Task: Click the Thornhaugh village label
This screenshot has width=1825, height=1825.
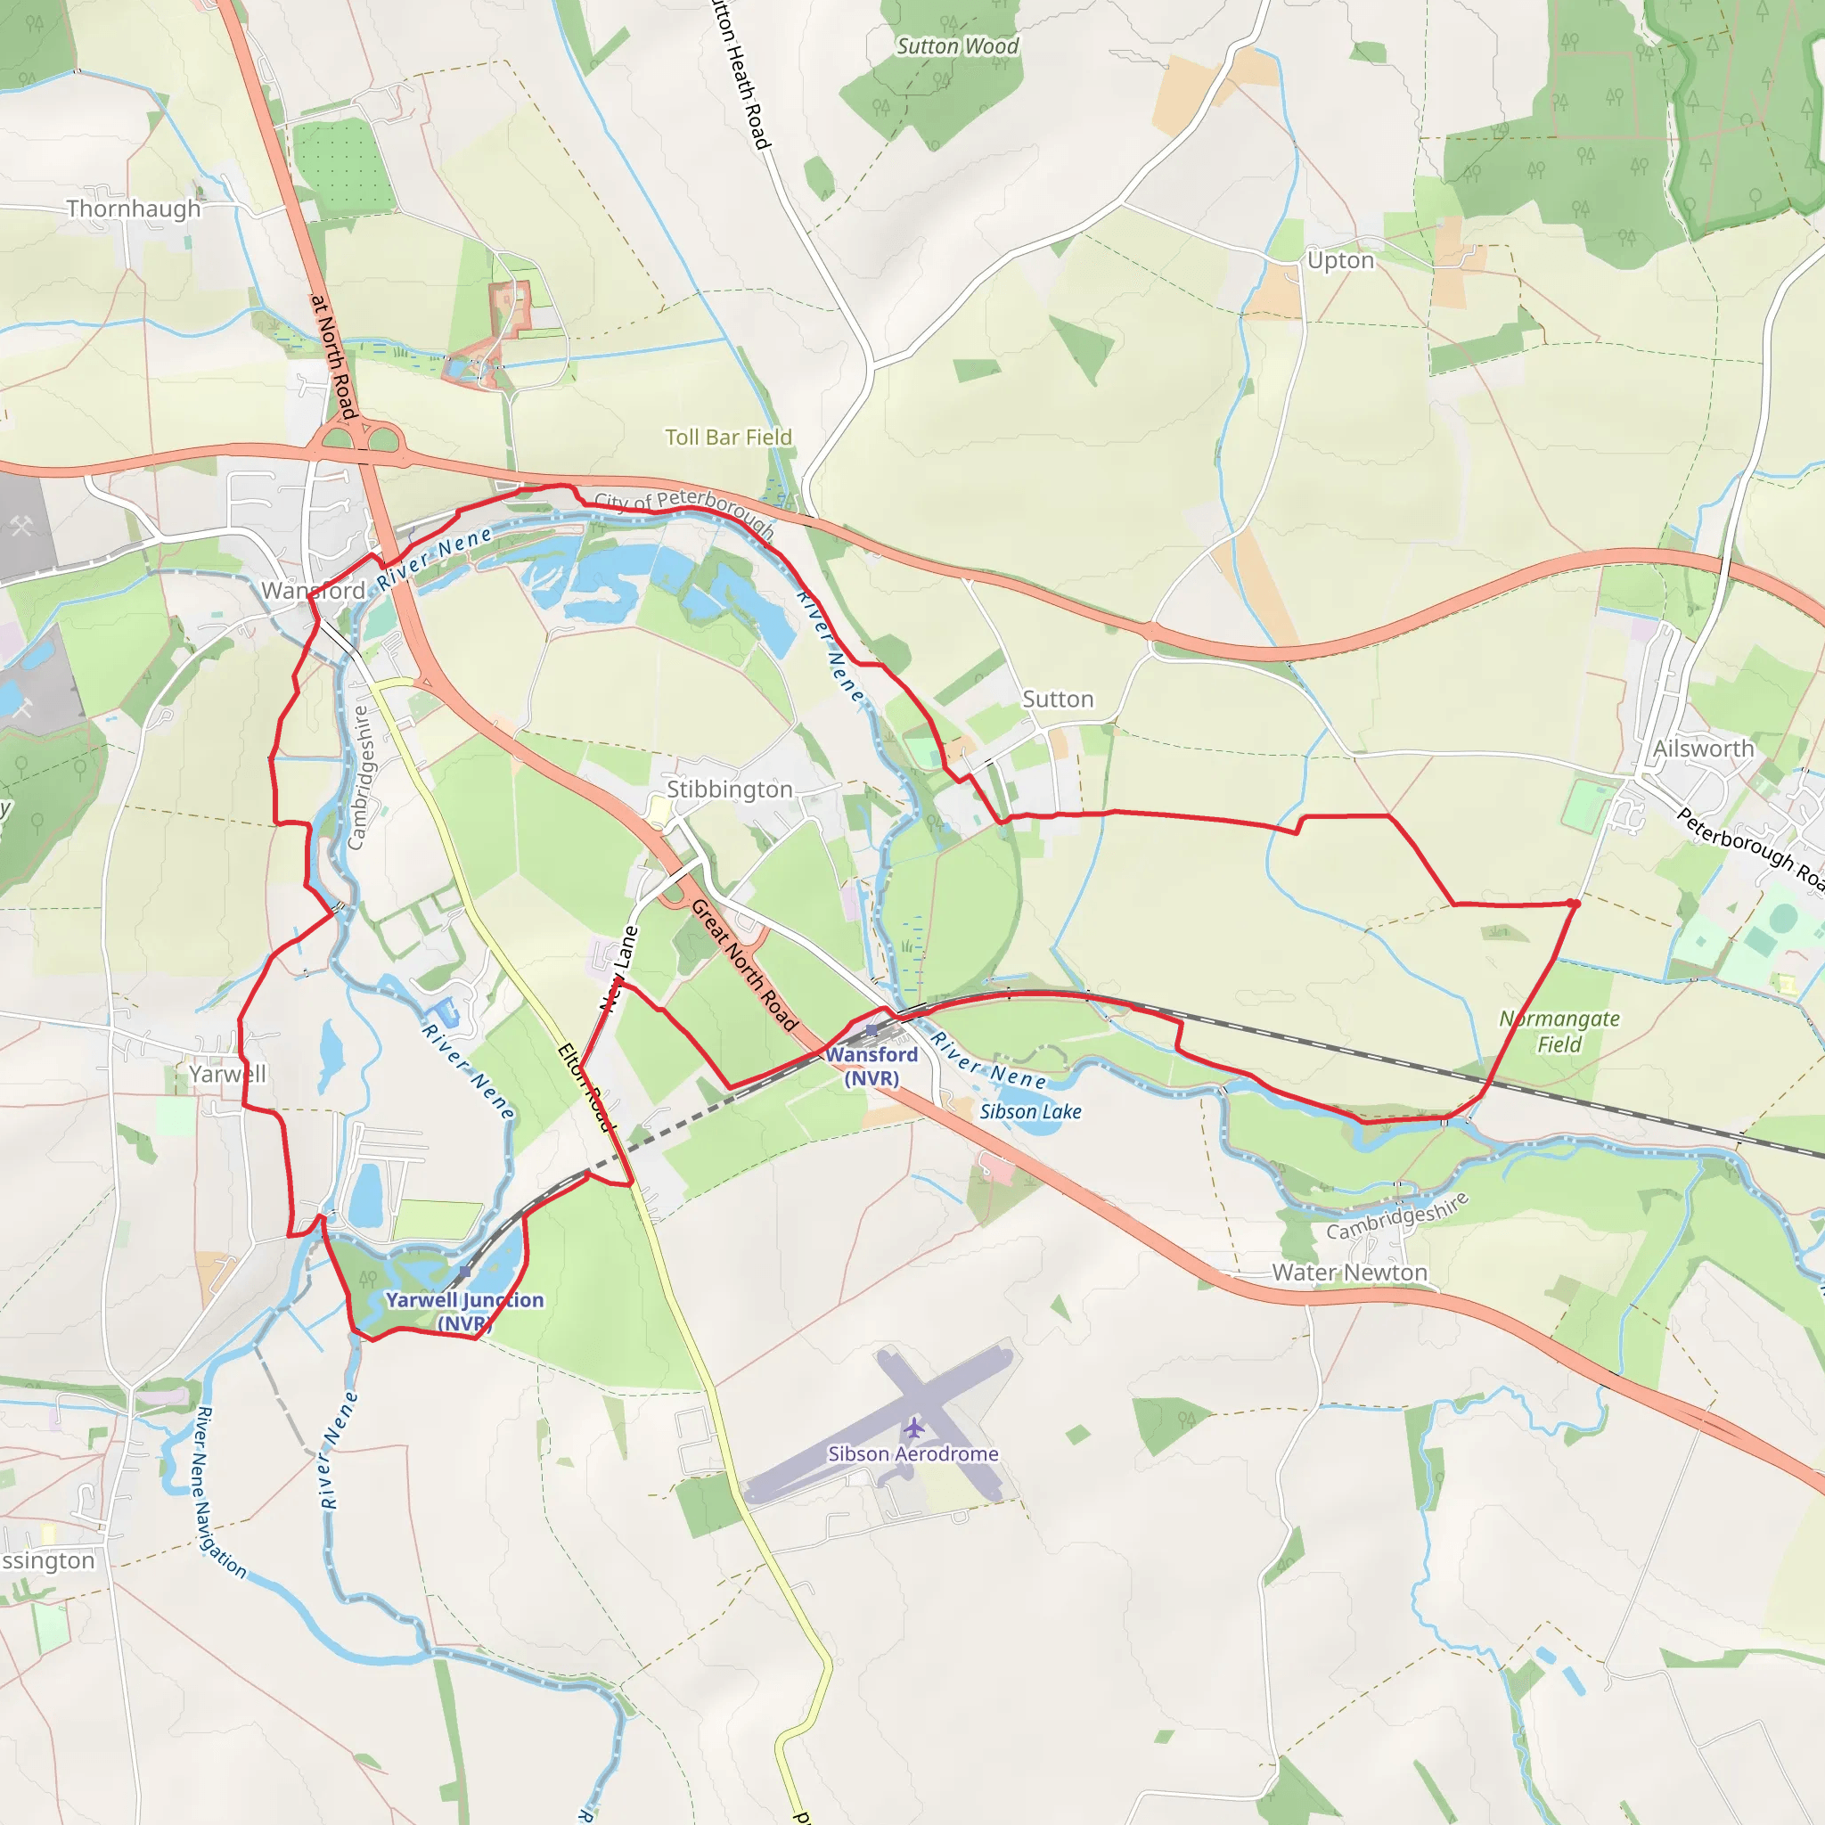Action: (133, 209)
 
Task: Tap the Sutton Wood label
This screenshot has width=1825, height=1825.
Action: (957, 46)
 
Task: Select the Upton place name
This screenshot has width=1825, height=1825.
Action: (1340, 260)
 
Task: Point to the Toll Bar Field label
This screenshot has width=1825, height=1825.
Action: (728, 438)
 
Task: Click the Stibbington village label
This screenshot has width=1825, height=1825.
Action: (729, 789)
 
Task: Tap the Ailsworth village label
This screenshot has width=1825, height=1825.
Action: (1703, 749)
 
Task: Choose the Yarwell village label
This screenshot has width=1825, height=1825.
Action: (227, 1074)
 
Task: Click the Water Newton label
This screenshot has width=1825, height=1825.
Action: (1349, 1273)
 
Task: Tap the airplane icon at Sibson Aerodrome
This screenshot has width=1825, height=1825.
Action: (913, 1427)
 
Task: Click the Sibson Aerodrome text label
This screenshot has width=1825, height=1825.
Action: (912, 1453)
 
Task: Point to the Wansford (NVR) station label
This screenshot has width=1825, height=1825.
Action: (872, 1066)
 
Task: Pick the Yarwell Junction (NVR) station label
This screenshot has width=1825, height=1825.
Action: (465, 1311)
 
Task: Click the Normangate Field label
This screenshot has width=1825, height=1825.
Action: (1559, 1032)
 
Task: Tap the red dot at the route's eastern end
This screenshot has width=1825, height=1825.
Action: (1574, 904)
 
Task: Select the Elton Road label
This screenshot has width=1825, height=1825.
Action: (586, 1087)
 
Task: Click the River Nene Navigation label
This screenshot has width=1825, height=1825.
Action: (219, 1493)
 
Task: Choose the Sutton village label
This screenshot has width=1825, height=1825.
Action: (1058, 699)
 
